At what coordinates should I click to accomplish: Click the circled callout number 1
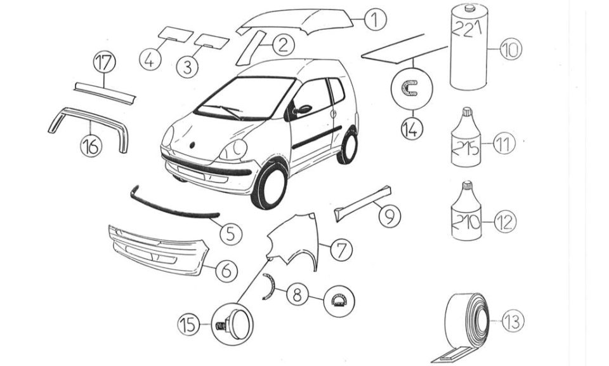(x=375, y=20)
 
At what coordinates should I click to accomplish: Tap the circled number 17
(x=105, y=63)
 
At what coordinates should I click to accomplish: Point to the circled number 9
(x=390, y=216)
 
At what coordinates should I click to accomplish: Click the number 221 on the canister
(x=468, y=30)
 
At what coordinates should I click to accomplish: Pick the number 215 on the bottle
(x=466, y=148)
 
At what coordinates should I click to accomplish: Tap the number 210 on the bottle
(x=466, y=222)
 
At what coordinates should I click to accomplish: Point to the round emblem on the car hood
(x=192, y=145)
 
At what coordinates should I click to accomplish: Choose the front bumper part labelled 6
(x=159, y=250)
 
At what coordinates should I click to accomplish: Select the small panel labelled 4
(x=175, y=34)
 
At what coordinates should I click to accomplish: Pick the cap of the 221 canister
(x=470, y=7)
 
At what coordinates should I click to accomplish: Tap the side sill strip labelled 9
(x=363, y=203)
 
